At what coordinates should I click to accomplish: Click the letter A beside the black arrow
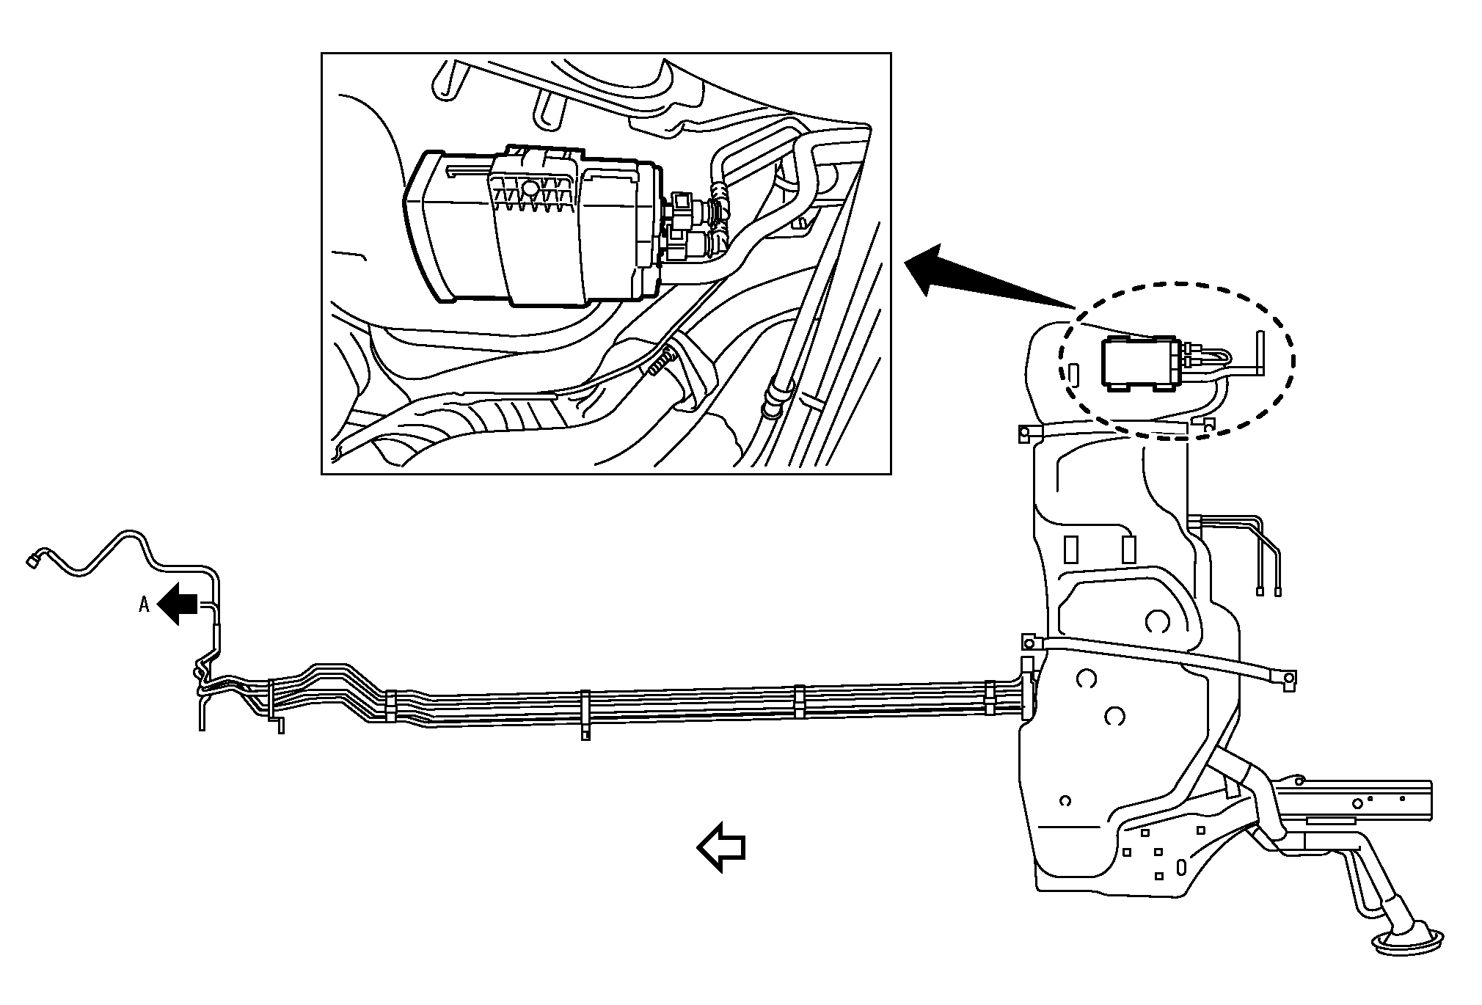[x=145, y=604]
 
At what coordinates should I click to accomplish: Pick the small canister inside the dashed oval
[x=1139, y=363]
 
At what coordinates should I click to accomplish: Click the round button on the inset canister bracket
[x=529, y=189]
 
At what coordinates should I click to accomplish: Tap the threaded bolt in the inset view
[x=660, y=364]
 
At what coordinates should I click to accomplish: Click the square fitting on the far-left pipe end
[x=32, y=561]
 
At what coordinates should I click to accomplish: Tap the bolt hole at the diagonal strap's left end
[x=1029, y=643]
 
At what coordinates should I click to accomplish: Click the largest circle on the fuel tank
[x=1157, y=621]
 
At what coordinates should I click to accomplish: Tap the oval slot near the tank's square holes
[x=1180, y=868]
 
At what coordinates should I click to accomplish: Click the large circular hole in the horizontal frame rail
[x=1357, y=803]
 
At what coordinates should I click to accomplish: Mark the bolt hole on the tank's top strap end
[x=1021, y=434]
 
